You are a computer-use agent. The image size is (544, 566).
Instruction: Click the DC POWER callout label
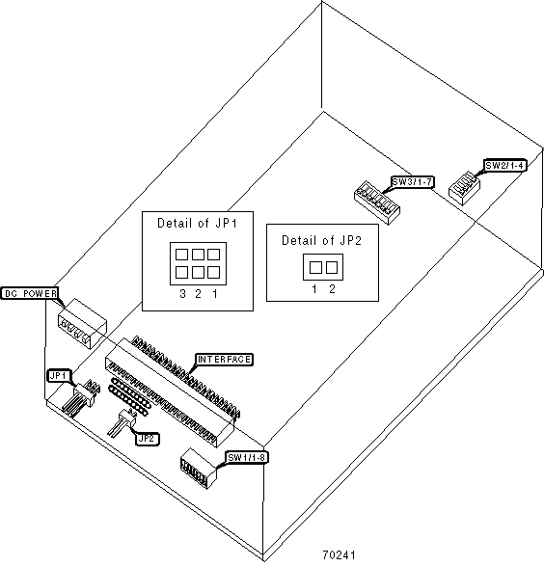pyautogui.click(x=29, y=293)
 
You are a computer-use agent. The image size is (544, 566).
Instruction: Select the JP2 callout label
pyautogui.click(x=148, y=439)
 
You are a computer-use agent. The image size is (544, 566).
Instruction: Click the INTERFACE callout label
pyautogui.click(x=224, y=359)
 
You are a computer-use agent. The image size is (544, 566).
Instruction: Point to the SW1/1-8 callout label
pyautogui.click(x=247, y=458)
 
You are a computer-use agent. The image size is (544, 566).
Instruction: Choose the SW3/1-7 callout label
pyautogui.click(x=412, y=182)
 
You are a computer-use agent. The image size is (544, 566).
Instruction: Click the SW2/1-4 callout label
pyautogui.click(x=504, y=166)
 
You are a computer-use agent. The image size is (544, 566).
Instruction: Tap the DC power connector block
pyautogui.click(x=82, y=324)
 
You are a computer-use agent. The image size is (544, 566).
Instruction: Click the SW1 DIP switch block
pyautogui.click(x=198, y=469)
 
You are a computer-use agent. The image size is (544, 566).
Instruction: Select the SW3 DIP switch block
pyautogui.click(x=377, y=202)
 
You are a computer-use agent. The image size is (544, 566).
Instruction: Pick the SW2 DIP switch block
pyautogui.click(x=464, y=188)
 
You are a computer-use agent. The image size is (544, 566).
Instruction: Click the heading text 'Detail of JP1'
pyautogui.click(x=197, y=224)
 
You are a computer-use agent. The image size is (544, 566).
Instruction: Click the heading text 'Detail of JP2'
pyautogui.click(x=321, y=240)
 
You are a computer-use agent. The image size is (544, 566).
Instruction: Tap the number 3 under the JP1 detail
pyautogui.click(x=182, y=294)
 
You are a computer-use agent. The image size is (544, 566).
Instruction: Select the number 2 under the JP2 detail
pyautogui.click(x=332, y=288)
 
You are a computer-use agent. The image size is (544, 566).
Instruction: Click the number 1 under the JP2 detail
pyautogui.click(x=314, y=288)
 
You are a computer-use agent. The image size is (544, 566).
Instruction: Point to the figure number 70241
pyautogui.click(x=339, y=554)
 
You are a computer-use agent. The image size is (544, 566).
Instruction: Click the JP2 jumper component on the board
pyautogui.click(x=122, y=422)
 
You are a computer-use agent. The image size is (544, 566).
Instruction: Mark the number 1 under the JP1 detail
pyautogui.click(x=215, y=294)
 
